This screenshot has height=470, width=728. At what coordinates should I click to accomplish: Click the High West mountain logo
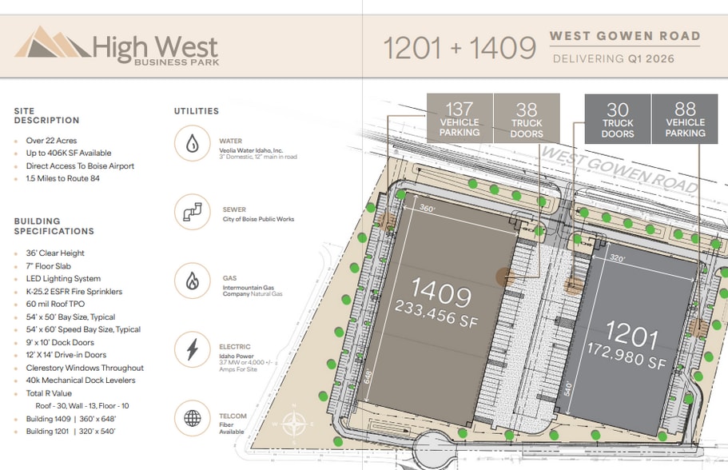(51, 43)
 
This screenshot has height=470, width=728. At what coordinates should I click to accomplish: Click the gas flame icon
(193, 281)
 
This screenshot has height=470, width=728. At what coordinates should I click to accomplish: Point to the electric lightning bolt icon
(193, 349)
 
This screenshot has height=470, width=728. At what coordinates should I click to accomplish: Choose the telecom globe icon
(193, 418)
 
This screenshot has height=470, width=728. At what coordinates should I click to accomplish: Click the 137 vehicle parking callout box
(459, 118)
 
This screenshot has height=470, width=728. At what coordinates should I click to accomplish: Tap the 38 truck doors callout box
(527, 118)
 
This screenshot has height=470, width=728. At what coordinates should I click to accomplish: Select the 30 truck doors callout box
(618, 118)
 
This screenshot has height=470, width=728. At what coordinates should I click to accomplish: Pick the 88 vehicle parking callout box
(685, 118)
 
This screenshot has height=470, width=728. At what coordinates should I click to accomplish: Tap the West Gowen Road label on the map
(619, 169)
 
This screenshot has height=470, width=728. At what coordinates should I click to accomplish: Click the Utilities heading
(197, 111)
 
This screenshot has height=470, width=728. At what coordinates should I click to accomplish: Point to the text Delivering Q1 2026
(613, 58)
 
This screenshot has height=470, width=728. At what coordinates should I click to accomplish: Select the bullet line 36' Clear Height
(55, 253)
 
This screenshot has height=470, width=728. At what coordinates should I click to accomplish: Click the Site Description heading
(46, 115)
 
